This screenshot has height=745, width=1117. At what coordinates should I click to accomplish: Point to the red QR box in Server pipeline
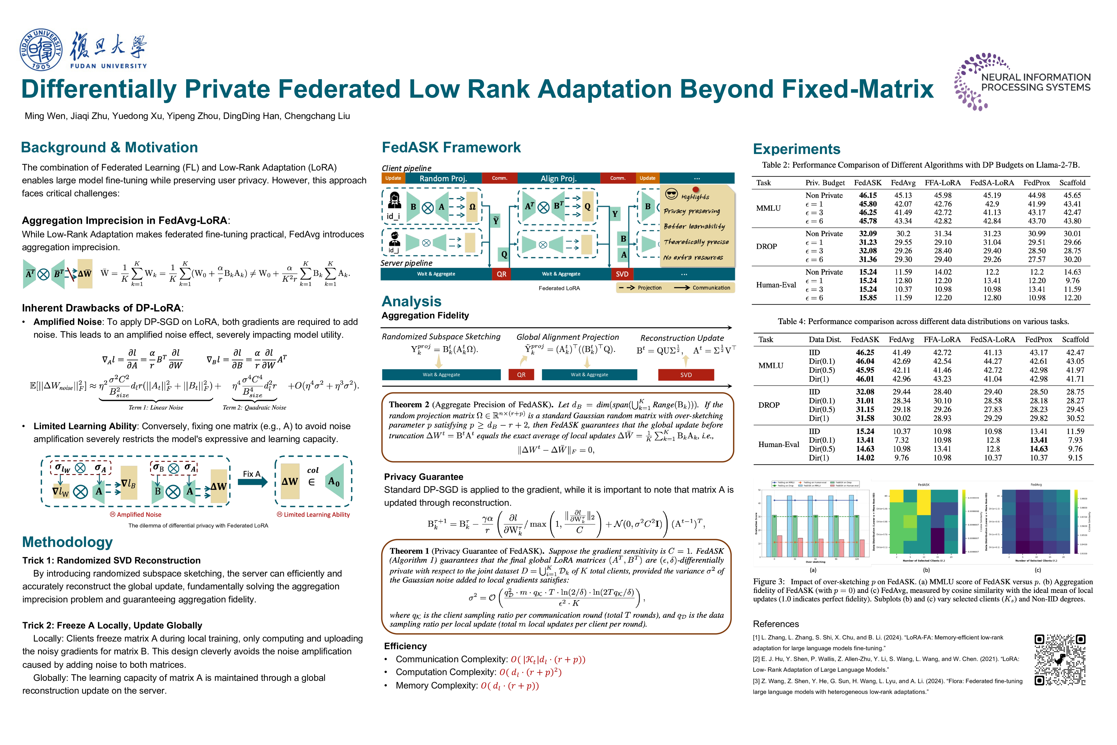click(502, 274)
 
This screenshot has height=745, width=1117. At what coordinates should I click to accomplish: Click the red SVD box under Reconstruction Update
click(686, 375)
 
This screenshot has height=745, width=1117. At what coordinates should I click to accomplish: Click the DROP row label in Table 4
click(769, 405)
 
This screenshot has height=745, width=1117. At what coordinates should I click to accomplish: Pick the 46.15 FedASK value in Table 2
click(868, 195)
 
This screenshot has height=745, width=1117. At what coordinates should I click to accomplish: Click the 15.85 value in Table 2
click(868, 298)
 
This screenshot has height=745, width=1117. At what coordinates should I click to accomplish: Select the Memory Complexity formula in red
click(510, 686)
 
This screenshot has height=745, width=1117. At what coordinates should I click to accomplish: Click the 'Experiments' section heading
click(796, 149)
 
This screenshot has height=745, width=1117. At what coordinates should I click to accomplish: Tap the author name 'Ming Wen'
click(45, 116)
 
